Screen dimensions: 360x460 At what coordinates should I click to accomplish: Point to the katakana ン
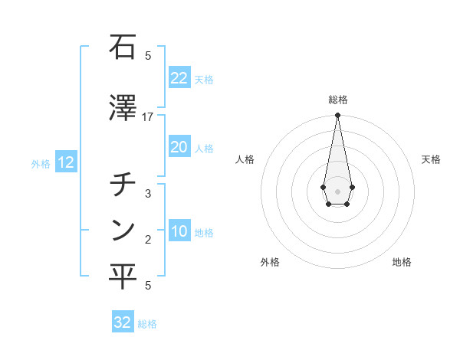click(x=123, y=230)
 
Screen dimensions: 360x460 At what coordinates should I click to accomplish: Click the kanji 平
click(x=123, y=277)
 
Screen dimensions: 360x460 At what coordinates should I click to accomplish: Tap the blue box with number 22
click(x=179, y=78)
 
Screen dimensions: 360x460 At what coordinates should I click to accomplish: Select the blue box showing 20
click(x=179, y=147)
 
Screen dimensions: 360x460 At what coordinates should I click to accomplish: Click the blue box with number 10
click(x=179, y=232)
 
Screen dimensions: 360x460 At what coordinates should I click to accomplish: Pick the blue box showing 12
click(x=65, y=162)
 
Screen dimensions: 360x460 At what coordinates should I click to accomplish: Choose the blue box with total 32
click(x=122, y=322)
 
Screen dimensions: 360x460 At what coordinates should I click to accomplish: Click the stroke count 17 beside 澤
click(x=148, y=117)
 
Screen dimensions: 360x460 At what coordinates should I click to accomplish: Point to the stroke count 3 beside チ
click(x=148, y=194)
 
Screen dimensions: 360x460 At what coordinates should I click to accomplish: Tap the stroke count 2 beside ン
click(x=148, y=241)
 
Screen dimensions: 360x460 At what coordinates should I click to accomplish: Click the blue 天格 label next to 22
click(x=204, y=80)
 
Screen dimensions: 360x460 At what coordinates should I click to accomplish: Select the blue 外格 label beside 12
click(x=41, y=163)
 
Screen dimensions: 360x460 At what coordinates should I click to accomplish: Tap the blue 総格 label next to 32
click(x=147, y=324)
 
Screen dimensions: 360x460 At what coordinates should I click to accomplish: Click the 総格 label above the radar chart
click(x=337, y=100)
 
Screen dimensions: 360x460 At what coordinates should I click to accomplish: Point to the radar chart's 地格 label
click(x=402, y=263)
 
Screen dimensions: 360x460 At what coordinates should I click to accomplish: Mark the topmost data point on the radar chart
click(x=337, y=116)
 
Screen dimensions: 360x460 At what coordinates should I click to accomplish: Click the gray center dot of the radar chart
click(x=337, y=190)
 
